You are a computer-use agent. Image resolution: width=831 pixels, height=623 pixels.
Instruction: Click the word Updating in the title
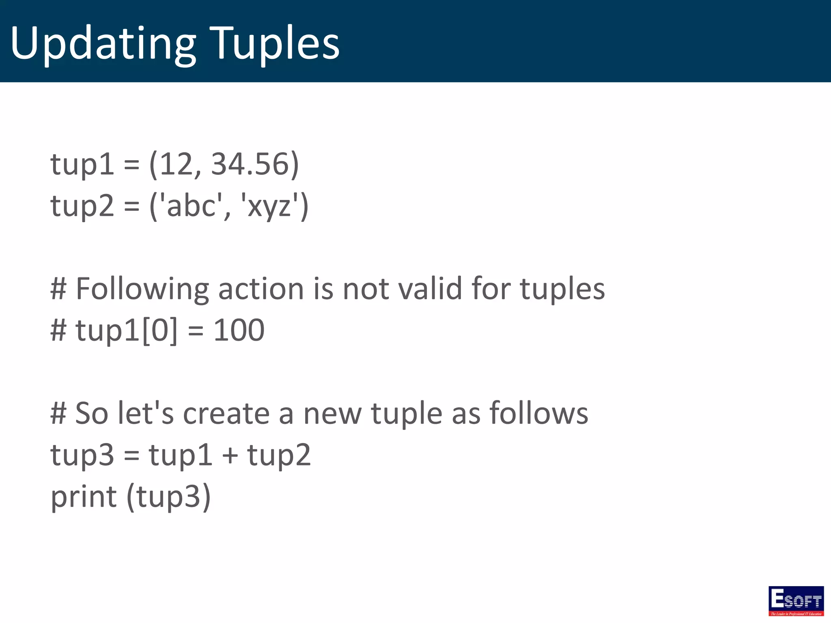coord(103,44)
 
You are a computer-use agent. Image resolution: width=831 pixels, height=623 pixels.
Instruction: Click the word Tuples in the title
coord(276,44)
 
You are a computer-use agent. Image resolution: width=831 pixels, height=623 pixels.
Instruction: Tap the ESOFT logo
coord(796,601)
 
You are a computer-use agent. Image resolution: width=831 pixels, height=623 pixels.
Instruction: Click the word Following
coord(142,289)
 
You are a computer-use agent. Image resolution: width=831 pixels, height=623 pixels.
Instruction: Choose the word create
coord(226,414)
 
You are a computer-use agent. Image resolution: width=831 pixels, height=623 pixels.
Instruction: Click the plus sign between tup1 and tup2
coord(230,455)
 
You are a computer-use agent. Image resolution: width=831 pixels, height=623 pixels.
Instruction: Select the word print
coord(84,497)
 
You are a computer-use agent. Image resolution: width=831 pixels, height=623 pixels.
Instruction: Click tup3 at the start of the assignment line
coord(82,455)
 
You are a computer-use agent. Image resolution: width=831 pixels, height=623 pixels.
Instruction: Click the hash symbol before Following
coord(58,289)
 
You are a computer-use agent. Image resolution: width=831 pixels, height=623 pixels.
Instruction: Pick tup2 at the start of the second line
coord(82,206)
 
